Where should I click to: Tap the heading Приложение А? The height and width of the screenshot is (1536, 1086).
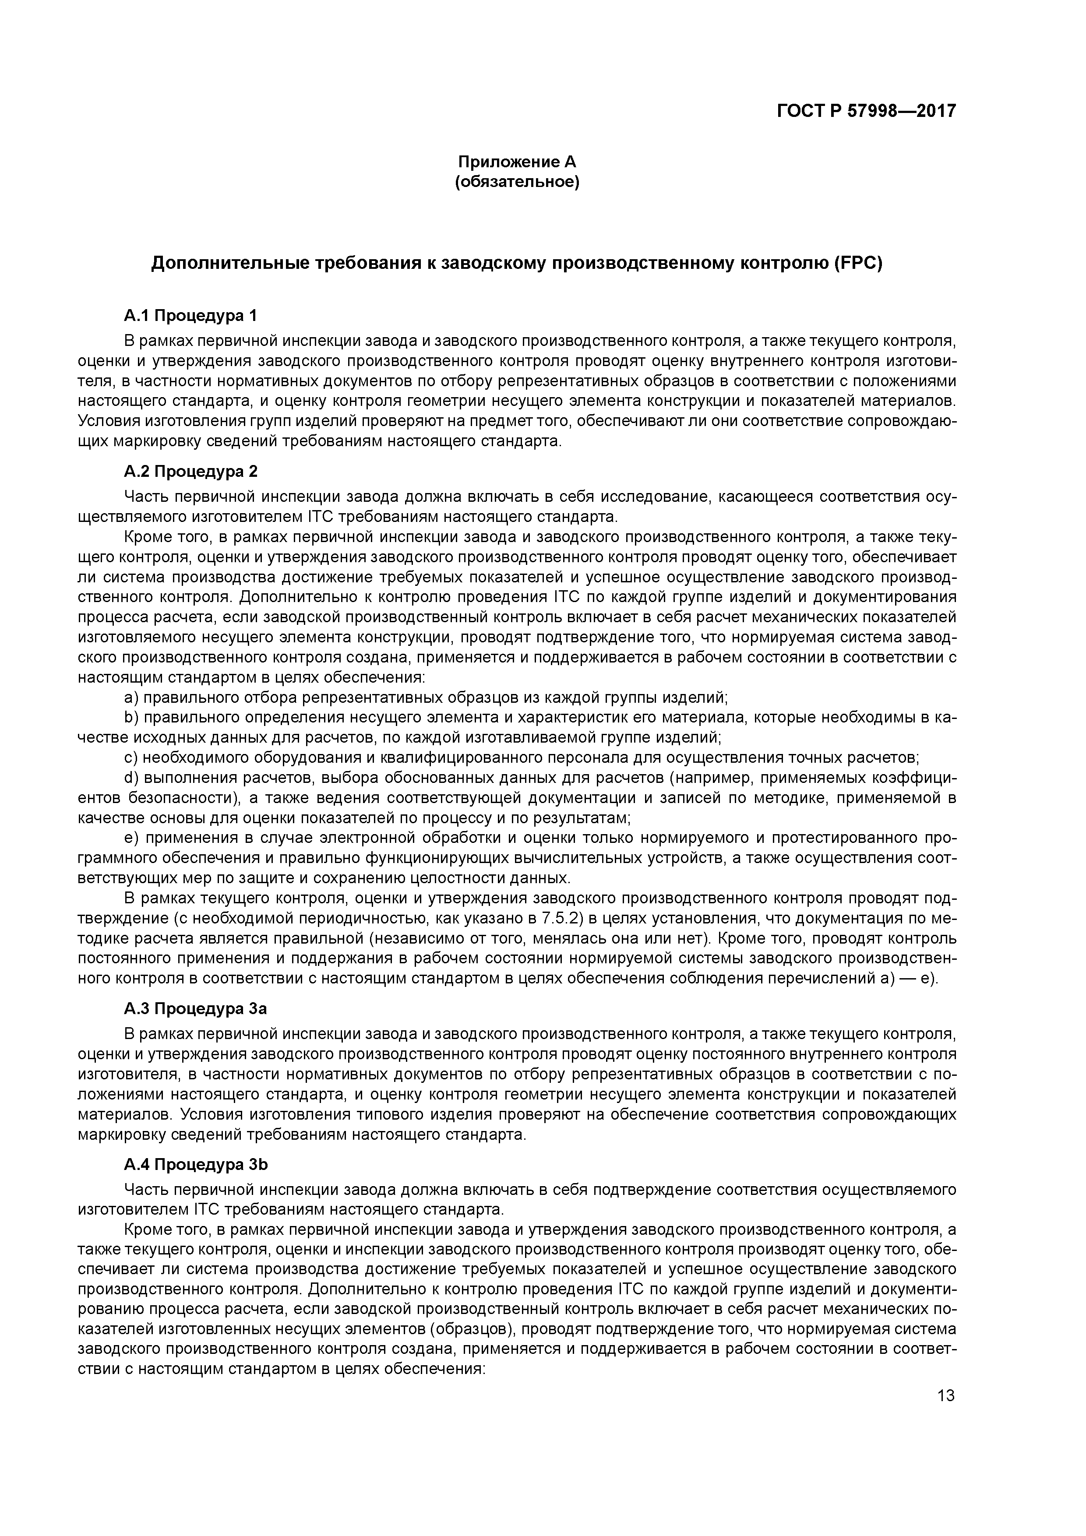[517, 162]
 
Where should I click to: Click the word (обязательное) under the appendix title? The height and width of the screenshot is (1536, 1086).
[517, 182]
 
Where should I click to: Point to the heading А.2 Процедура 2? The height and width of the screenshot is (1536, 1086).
[190, 472]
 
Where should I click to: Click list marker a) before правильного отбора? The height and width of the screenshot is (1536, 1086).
[131, 698]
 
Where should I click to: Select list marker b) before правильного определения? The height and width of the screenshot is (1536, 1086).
[131, 718]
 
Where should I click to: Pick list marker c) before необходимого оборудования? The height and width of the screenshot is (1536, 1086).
[131, 758]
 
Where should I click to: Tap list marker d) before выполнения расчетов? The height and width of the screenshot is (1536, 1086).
[131, 778]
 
